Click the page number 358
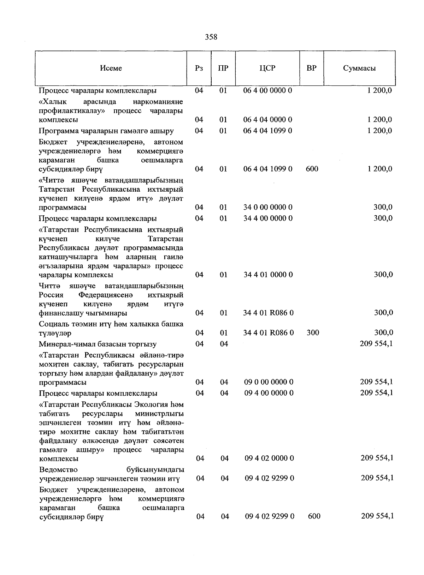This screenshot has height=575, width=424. (x=211, y=37)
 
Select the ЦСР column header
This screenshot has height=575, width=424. (x=267, y=68)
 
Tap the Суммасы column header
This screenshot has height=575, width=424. (x=359, y=68)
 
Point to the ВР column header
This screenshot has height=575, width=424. (x=311, y=68)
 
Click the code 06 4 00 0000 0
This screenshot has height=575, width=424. (x=267, y=90)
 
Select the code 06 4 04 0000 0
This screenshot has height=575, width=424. (x=267, y=120)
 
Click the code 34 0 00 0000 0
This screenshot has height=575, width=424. (x=268, y=207)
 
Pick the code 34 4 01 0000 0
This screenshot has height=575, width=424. (x=268, y=275)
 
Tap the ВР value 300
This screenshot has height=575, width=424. (x=313, y=333)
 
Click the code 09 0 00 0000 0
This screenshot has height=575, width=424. (x=269, y=382)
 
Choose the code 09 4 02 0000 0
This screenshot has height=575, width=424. (x=269, y=458)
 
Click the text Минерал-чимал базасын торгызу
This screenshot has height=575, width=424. (x=98, y=344)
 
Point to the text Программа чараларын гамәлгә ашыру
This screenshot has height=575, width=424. (x=106, y=131)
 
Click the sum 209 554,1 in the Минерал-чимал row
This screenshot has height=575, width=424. (x=376, y=343)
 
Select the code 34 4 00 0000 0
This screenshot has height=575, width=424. (x=268, y=218)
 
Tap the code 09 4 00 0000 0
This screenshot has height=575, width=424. (x=269, y=393)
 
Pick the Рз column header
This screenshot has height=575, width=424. (x=199, y=68)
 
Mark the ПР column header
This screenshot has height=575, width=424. (x=223, y=68)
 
